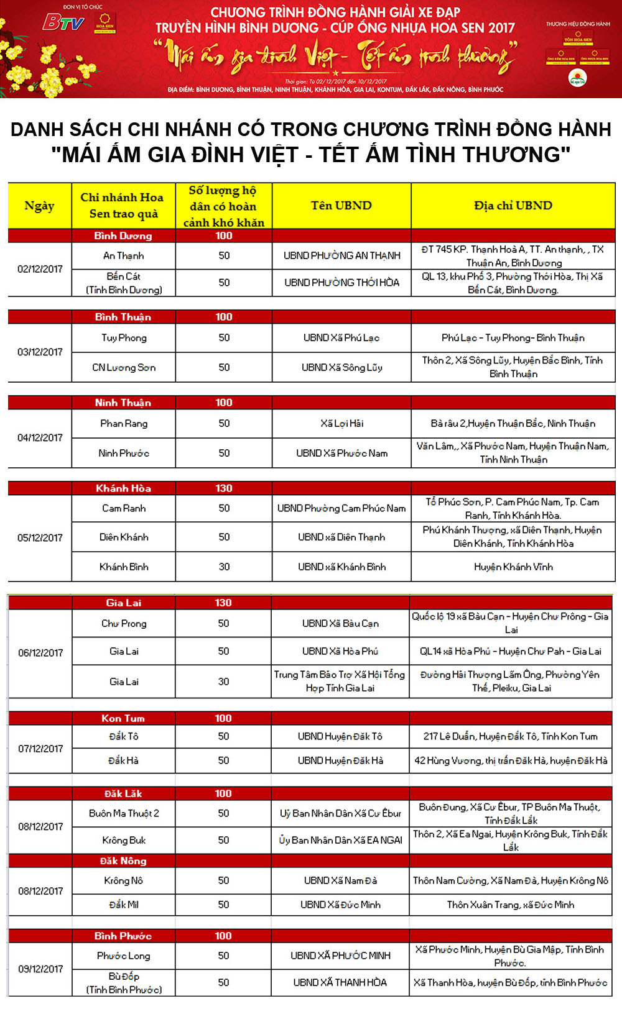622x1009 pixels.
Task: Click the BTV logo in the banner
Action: click(63, 23)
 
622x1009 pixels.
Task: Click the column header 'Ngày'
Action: click(39, 206)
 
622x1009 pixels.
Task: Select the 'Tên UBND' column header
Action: click(341, 206)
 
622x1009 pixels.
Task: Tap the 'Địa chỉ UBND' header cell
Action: click(513, 206)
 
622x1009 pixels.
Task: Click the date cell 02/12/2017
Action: click(40, 269)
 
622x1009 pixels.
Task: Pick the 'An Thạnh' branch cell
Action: click(123, 255)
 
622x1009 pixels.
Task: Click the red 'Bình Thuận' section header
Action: click(123, 317)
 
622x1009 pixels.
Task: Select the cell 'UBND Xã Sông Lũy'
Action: click(341, 367)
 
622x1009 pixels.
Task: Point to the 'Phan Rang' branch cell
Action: click(123, 423)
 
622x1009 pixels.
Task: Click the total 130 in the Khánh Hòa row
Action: click(224, 488)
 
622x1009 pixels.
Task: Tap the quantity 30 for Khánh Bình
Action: click(224, 567)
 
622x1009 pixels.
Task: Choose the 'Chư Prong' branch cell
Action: click(124, 623)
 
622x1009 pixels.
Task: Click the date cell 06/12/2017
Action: click(40, 653)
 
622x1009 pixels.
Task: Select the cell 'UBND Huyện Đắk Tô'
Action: click(340, 736)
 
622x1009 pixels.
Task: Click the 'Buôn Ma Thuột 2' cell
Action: click(124, 813)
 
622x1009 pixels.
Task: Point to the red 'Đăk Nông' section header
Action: click(123, 861)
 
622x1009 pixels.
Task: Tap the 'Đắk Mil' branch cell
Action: click(124, 905)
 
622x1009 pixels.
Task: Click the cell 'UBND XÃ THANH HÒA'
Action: click(340, 982)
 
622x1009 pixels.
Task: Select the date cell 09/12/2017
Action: click(40, 969)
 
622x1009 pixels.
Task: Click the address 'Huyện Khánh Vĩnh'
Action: click(513, 567)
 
